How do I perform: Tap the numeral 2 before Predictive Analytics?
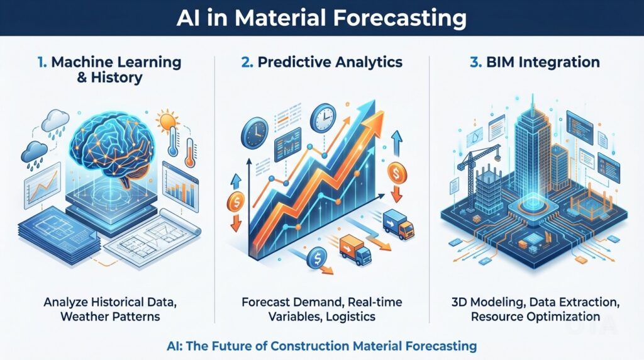click(245, 62)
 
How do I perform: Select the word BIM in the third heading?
click(496, 62)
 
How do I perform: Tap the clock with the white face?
click(325, 116)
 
